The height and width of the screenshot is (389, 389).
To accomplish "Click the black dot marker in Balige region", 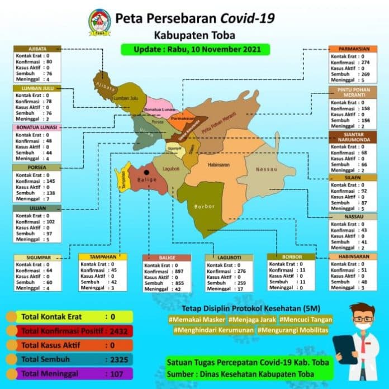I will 146,173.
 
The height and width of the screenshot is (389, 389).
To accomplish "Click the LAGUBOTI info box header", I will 229,258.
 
